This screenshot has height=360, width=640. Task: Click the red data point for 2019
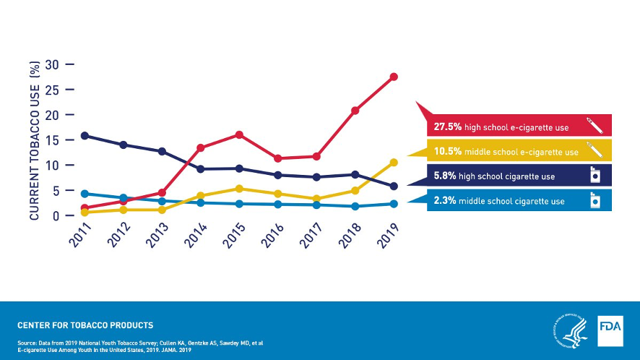click(x=394, y=77)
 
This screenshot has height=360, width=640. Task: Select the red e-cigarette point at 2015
click(x=239, y=134)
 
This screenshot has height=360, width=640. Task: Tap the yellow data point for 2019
click(x=394, y=163)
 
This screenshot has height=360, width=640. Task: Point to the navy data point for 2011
click(x=85, y=135)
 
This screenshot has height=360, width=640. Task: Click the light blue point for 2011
click(x=85, y=194)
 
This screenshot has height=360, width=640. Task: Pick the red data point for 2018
click(x=355, y=111)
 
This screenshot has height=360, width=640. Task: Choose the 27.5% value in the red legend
click(x=447, y=127)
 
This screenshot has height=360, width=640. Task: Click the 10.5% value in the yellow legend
click(x=447, y=152)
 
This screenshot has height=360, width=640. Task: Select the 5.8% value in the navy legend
click(x=444, y=176)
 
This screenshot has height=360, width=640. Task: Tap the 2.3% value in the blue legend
click(x=444, y=201)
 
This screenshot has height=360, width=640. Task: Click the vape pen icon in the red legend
click(x=594, y=125)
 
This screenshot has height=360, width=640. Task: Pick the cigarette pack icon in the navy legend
click(x=595, y=176)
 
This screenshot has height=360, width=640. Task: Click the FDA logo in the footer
click(x=610, y=330)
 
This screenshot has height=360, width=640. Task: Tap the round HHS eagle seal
click(x=570, y=330)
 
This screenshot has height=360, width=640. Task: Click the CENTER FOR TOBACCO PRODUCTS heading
click(x=85, y=325)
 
